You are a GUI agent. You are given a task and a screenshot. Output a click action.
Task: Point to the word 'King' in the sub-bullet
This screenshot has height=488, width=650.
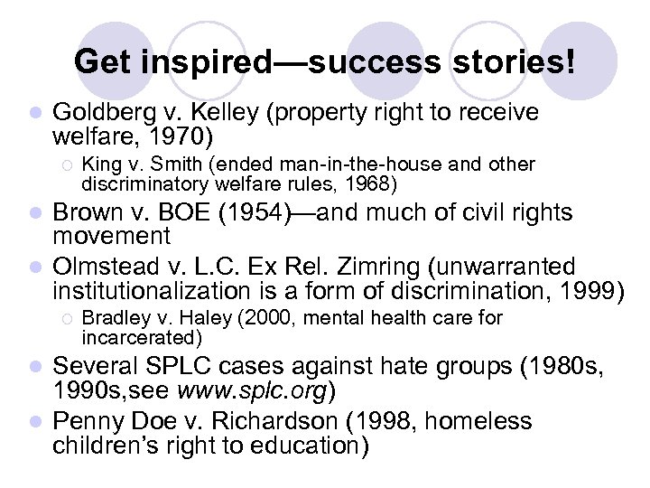(99, 164)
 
